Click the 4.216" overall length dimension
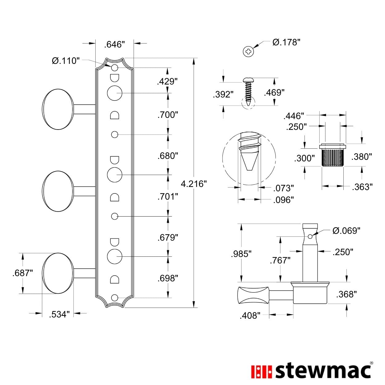(194, 184)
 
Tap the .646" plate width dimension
(114, 44)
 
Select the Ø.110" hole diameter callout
(66, 60)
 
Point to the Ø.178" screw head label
(286, 42)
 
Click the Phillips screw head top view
(248, 52)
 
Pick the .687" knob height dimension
(23, 273)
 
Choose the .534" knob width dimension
(59, 314)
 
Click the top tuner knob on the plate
(58, 109)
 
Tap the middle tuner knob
(58, 191)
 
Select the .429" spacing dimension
(168, 81)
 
